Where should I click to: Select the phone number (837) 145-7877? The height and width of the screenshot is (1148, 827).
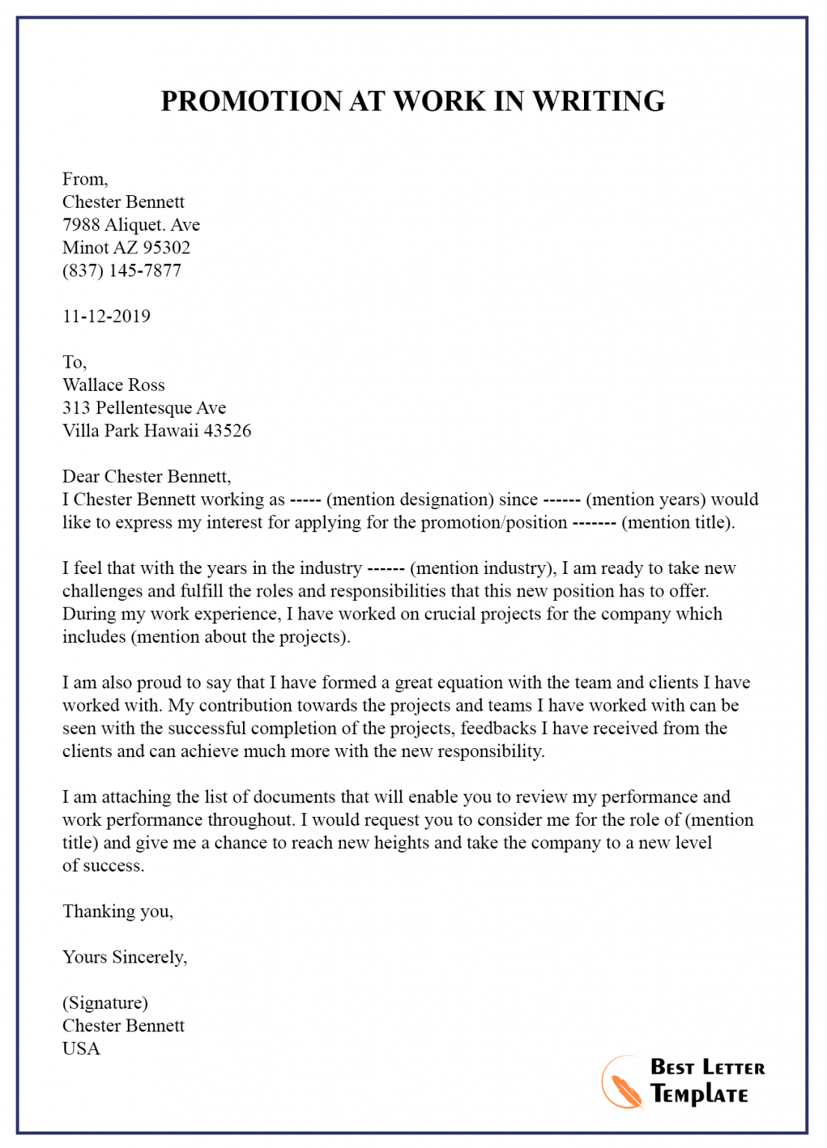point(122,271)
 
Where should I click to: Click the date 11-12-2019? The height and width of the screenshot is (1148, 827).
point(106,316)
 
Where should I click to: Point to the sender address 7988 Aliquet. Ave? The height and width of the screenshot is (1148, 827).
point(131,225)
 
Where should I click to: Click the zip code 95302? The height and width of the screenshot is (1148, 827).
point(167,248)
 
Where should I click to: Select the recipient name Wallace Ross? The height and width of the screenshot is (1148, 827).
point(114,385)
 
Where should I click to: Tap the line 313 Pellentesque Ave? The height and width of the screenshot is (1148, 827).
point(144,408)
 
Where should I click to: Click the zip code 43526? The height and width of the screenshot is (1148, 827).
point(227,430)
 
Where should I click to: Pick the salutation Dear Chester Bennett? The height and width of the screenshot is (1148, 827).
point(147,477)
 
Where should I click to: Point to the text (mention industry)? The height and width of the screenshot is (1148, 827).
point(482,568)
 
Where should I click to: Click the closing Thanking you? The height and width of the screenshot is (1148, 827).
point(117,911)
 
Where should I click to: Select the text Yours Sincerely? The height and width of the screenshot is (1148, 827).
point(124,957)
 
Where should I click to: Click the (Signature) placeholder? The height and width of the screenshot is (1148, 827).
point(105,1003)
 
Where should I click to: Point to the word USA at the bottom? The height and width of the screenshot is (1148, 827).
point(81,1049)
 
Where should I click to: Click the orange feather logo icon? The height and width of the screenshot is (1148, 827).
point(622,1083)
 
